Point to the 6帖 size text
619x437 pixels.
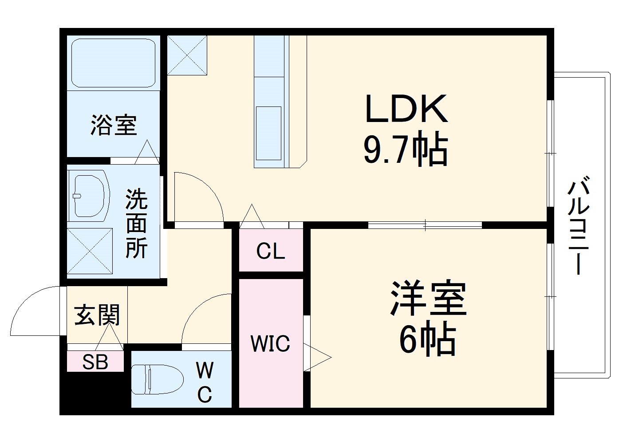pos(427,341)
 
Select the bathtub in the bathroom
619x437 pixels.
pos(113,63)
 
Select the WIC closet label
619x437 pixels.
pos(270,343)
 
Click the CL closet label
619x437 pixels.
pos(270,252)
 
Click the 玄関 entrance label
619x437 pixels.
pos(97,315)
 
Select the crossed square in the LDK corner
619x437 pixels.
pos(187,55)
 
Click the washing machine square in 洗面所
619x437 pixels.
pos(90,251)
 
